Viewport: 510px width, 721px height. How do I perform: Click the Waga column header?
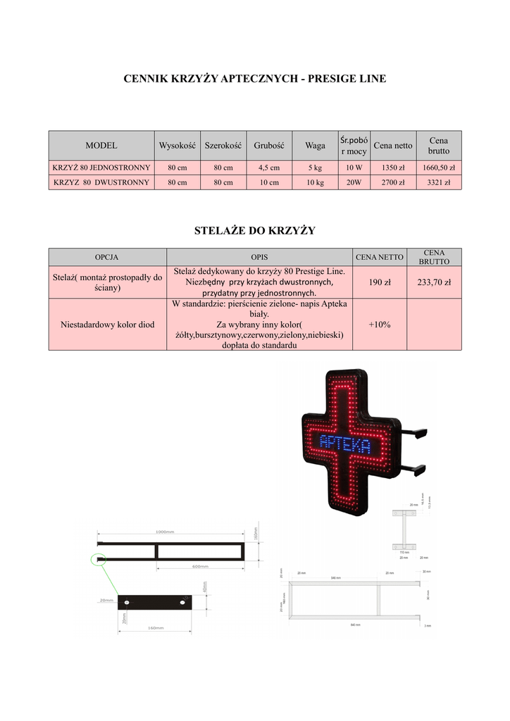(x=315, y=146)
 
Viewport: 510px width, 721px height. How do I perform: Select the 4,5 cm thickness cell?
(x=268, y=168)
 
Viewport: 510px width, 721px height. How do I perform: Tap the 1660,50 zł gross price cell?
(x=438, y=168)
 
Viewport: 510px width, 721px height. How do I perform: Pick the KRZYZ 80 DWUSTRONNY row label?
(x=101, y=182)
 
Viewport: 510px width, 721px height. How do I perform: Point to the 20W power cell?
(x=354, y=182)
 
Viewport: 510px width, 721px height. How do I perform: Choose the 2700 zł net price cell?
(x=393, y=182)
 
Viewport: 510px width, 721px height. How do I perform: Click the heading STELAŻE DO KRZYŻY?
(x=254, y=230)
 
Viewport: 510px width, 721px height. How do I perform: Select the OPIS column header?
(x=259, y=257)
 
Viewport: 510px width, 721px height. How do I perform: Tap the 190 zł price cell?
(x=380, y=282)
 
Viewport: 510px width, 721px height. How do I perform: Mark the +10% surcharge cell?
(x=380, y=325)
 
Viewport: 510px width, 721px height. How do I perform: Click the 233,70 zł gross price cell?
(x=434, y=282)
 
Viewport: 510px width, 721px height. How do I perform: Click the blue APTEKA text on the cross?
(x=345, y=444)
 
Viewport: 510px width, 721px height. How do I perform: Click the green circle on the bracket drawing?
(x=98, y=560)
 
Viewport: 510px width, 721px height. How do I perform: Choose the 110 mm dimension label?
(x=404, y=553)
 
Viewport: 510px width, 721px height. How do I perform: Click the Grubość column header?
(x=268, y=146)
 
